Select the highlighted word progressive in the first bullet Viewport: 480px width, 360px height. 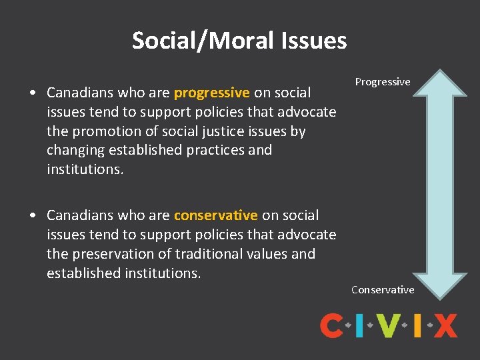click(x=211, y=92)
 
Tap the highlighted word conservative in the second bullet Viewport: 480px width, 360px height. click(x=215, y=215)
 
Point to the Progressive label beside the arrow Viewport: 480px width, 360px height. click(x=382, y=82)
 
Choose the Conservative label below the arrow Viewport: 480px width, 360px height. click(x=383, y=289)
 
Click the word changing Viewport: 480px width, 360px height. click(x=73, y=150)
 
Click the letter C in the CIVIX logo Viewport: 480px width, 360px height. click(x=331, y=326)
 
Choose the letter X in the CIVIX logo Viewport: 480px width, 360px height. click(x=446, y=326)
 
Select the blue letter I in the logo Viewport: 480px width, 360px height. click(x=359, y=326)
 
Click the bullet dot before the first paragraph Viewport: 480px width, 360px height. click(x=33, y=93)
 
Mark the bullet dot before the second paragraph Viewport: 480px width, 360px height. click(x=33, y=216)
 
